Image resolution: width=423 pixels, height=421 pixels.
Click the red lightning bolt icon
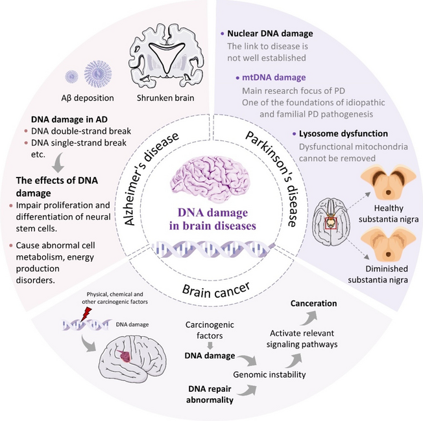click(86, 315)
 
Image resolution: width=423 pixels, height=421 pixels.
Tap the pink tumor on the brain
click(125, 357)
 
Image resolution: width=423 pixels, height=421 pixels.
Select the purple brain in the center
click(210, 179)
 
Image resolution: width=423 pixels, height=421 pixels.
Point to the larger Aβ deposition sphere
click(98, 74)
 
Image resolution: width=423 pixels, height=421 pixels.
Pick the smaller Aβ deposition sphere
click(71, 77)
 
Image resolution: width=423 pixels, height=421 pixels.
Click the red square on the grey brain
click(331, 223)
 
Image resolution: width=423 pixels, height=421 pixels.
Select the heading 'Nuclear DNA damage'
click(270, 34)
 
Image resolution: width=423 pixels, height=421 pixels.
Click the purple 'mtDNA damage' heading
click(274, 78)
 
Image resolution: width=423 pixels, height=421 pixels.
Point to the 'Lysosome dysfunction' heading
click(343, 133)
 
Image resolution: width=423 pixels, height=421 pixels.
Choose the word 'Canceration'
click(313, 303)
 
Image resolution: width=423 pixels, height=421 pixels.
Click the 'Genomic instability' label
click(269, 374)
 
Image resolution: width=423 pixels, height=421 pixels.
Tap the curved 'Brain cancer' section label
click(216, 290)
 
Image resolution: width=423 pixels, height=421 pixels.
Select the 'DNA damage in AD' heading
click(69, 119)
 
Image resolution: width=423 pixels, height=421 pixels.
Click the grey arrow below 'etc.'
click(58, 163)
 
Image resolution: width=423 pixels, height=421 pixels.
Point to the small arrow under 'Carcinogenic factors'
click(210, 346)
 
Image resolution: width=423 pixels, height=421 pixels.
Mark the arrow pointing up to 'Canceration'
click(309, 318)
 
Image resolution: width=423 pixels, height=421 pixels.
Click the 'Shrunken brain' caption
click(165, 98)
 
